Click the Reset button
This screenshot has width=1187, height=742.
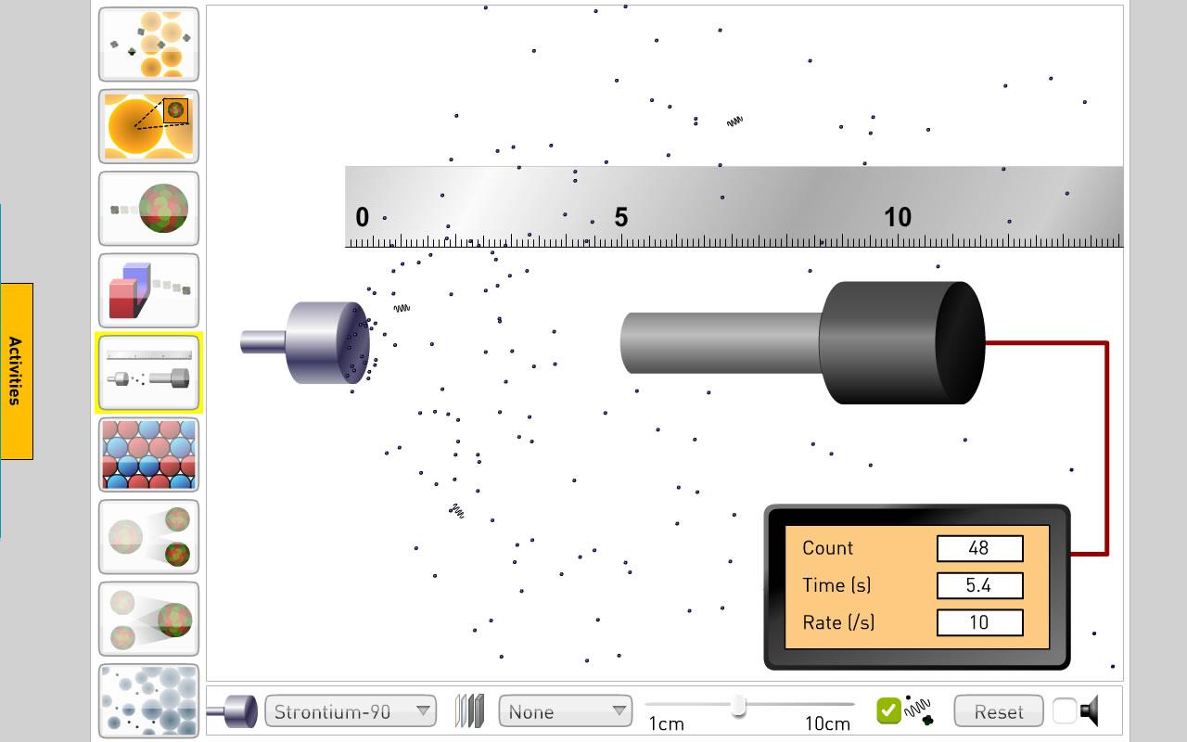(x=999, y=711)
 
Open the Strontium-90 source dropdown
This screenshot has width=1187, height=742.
(x=351, y=711)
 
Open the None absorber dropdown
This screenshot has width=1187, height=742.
(x=566, y=711)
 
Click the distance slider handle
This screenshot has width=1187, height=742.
(x=739, y=707)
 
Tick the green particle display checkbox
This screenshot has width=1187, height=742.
(x=888, y=710)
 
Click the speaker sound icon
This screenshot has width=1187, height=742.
(x=1090, y=710)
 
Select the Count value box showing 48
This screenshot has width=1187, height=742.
(x=980, y=548)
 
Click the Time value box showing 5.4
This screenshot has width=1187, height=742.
(x=980, y=585)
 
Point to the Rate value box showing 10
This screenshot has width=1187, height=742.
(x=980, y=622)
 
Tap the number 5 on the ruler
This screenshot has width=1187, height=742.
(x=621, y=217)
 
